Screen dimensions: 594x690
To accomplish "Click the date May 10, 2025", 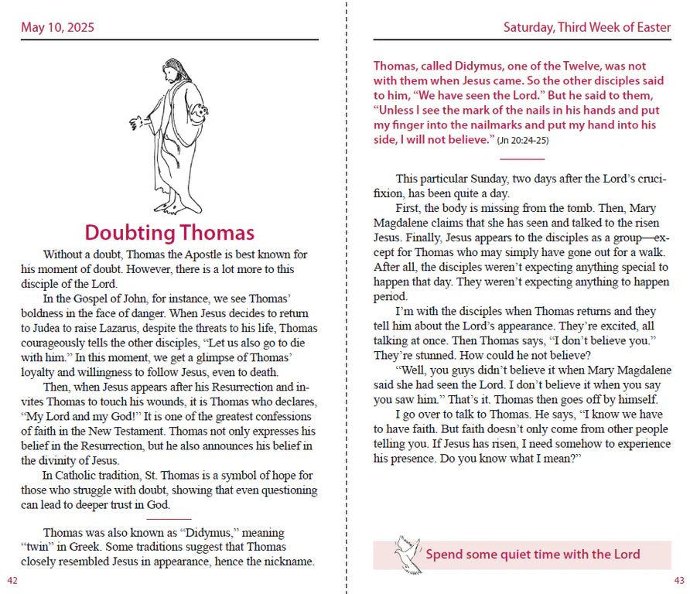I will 58,28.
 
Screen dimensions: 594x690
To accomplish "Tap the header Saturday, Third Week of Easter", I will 586,28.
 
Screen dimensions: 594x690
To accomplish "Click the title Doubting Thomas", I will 169,232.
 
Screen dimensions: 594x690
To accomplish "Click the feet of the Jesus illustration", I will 175,207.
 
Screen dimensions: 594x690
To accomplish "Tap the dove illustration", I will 406,554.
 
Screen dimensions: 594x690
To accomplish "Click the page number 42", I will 12,580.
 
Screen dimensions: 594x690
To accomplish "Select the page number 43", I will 679,580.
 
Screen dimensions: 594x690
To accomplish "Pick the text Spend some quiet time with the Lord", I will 533,554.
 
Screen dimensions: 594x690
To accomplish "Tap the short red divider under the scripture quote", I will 522,159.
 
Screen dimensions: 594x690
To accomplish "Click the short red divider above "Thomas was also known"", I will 169,519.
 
